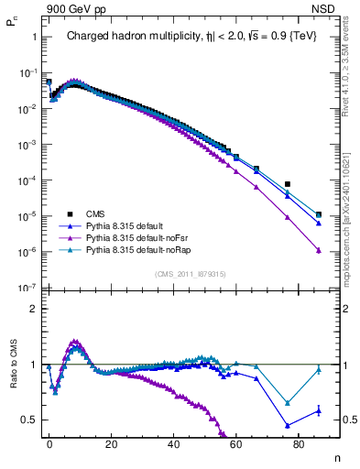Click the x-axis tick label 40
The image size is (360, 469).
[174, 443]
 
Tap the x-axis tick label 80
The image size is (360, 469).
[300, 443]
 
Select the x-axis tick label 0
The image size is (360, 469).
[49, 443]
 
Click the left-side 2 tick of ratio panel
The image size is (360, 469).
[33, 309]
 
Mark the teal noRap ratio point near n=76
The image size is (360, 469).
[288, 403]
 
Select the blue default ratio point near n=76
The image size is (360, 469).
[288, 425]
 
